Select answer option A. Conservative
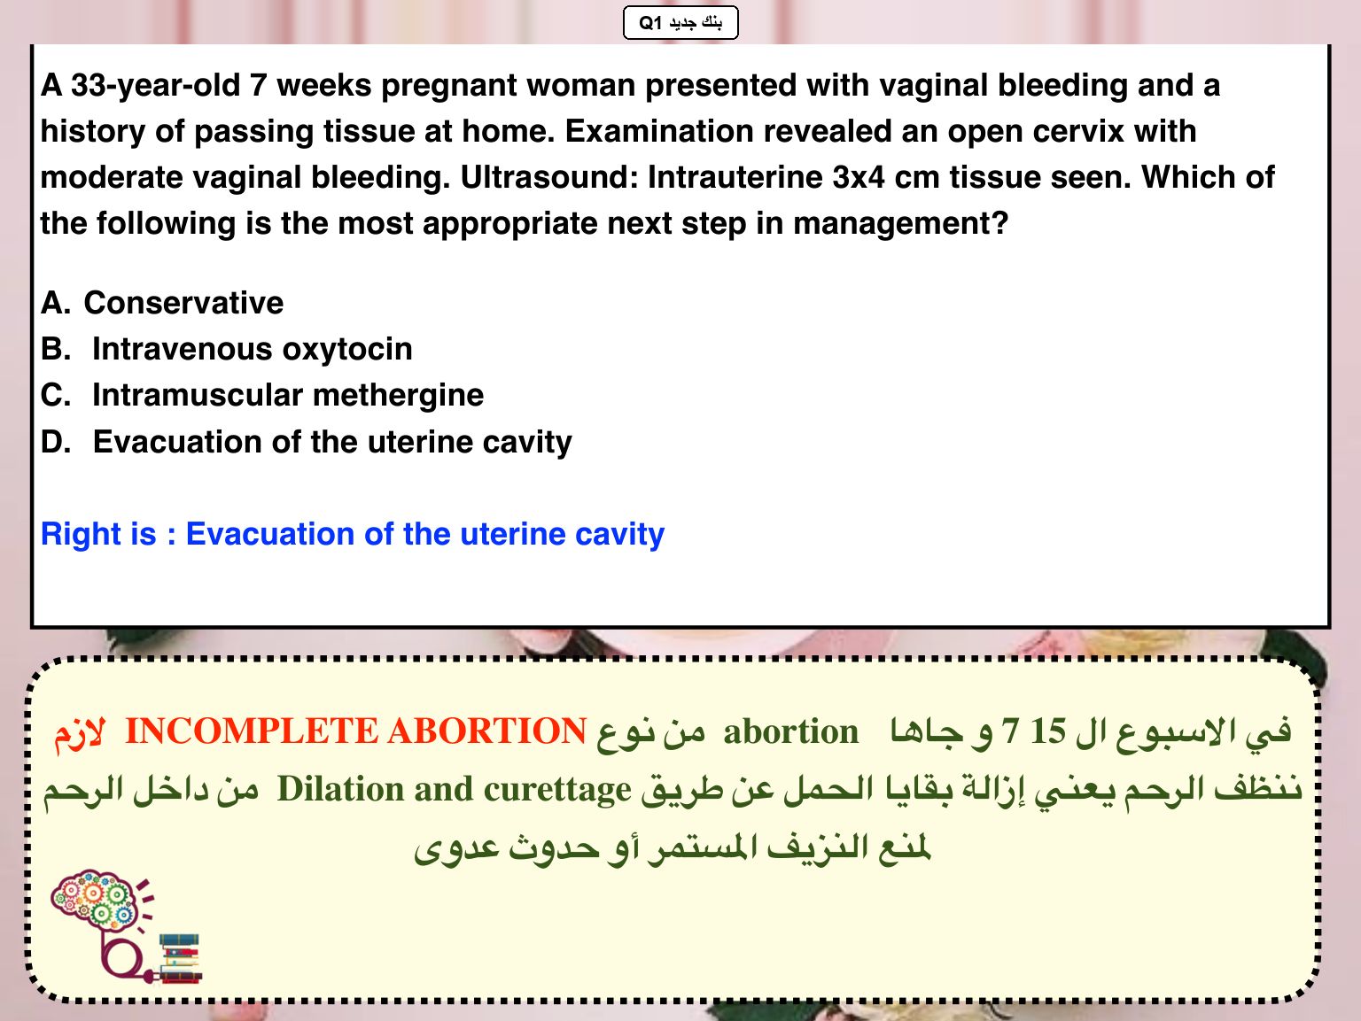click(x=162, y=303)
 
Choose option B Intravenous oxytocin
click(x=226, y=349)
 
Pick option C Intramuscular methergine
click(x=261, y=395)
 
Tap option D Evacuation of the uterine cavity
click(x=307, y=443)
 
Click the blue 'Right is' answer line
click(x=352, y=534)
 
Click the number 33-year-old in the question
click(x=155, y=86)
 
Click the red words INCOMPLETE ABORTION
click(x=356, y=731)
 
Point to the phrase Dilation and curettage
click(x=454, y=790)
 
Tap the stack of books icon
click(x=181, y=958)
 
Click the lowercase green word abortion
click(x=790, y=731)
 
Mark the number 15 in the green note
click(x=1048, y=731)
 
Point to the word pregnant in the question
click(x=449, y=87)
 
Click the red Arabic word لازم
click(x=80, y=733)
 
